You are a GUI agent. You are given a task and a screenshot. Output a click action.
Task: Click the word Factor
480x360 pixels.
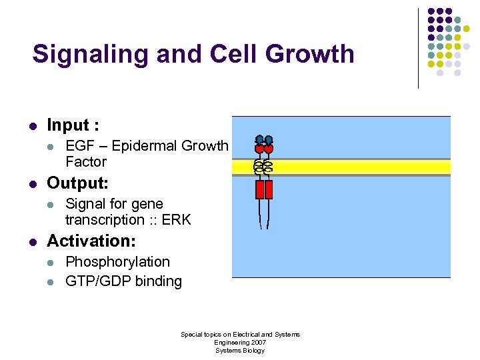point(86,162)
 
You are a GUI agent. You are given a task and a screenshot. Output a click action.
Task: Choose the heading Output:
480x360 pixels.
point(77,183)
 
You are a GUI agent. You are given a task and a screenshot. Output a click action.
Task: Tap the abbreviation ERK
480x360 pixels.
point(176,220)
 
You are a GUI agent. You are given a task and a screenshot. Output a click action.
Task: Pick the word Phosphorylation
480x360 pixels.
point(117,262)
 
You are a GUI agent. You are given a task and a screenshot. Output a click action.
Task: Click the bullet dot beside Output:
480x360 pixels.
point(33,183)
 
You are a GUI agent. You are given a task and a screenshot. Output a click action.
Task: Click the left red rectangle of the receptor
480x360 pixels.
point(260,189)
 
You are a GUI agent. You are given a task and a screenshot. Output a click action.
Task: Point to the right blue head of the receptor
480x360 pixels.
point(269,140)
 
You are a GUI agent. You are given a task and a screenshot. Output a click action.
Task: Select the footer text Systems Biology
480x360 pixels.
point(240,350)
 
